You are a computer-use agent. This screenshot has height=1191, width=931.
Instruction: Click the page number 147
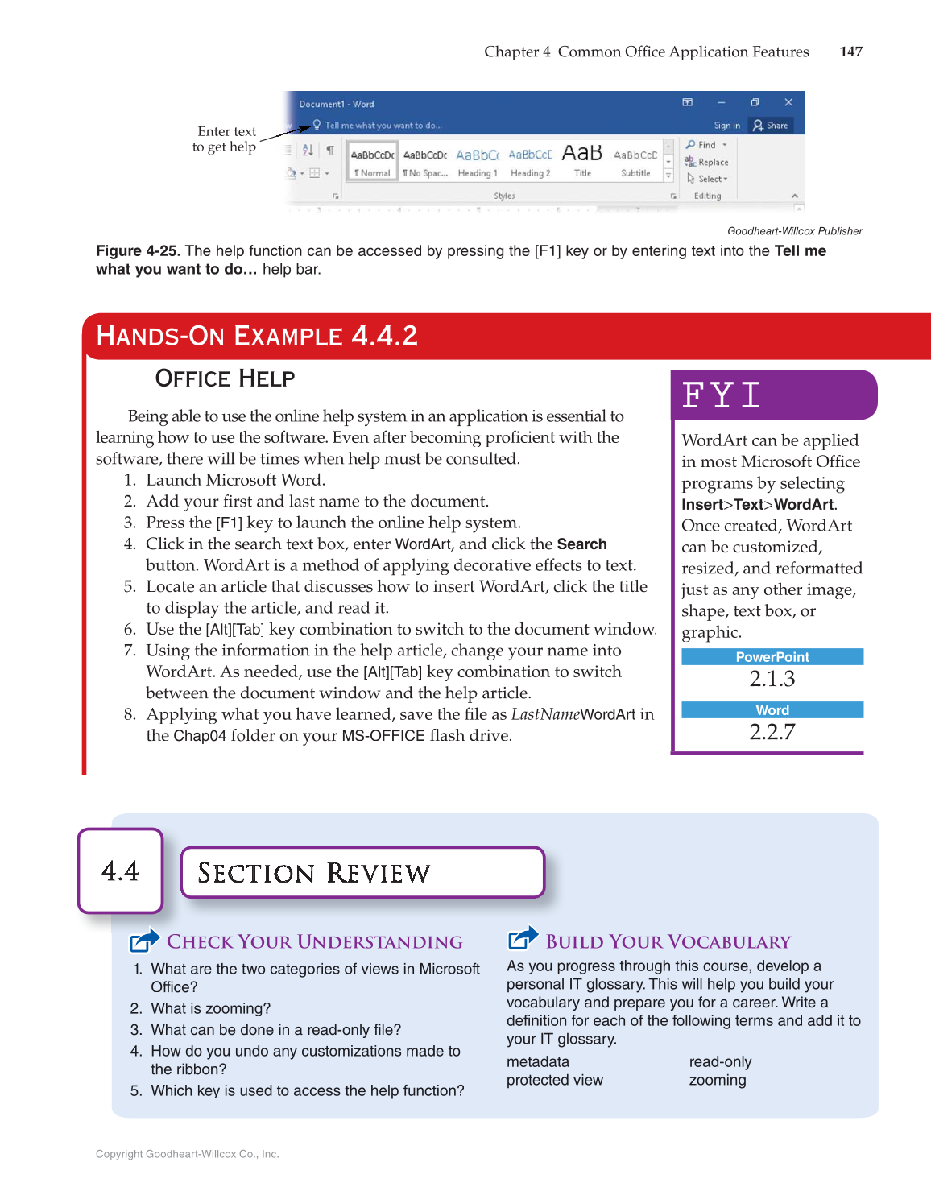pyautogui.click(x=850, y=52)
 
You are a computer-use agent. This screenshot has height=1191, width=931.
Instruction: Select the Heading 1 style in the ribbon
pyautogui.click(x=478, y=162)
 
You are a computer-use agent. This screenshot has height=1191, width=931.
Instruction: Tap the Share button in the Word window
pyautogui.click(x=771, y=126)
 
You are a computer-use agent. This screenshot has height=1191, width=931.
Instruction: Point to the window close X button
pyautogui.click(x=788, y=102)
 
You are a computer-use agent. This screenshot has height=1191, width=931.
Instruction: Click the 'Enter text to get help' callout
pyautogui.click(x=225, y=139)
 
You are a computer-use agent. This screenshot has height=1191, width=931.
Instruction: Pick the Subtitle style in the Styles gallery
pyautogui.click(x=635, y=162)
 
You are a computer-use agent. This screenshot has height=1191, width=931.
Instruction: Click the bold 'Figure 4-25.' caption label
pyautogui.click(x=138, y=251)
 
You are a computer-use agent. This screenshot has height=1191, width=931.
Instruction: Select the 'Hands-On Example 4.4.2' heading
pyautogui.click(x=257, y=336)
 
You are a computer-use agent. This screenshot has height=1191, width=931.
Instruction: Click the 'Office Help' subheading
pyautogui.click(x=225, y=378)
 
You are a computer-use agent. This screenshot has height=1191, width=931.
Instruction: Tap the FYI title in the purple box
pyautogui.click(x=721, y=395)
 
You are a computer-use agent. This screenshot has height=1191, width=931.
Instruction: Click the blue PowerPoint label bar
pyautogui.click(x=772, y=657)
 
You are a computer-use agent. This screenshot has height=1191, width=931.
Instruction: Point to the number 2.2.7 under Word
pyautogui.click(x=772, y=732)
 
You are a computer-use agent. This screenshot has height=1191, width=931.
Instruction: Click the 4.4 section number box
pyautogui.click(x=121, y=871)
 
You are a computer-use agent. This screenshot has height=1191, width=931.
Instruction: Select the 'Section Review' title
pyautogui.click(x=314, y=873)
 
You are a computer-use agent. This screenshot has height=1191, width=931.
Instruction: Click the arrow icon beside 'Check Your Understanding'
pyautogui.click(x=145, y=940)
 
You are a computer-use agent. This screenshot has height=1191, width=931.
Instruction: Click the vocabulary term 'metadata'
pyautogui.click(x=538, y=1062)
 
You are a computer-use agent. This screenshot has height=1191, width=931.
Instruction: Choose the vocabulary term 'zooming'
pyautogui.click(x=718, y=1081)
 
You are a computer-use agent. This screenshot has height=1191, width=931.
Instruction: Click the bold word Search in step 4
pyautogui.click(x=581, y=544)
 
